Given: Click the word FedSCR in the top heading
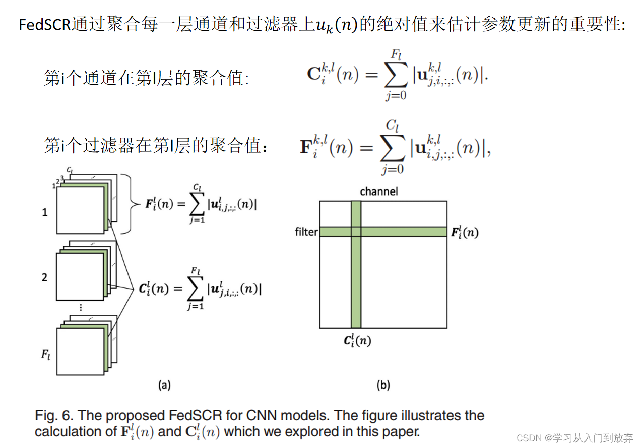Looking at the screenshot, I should point(45,25).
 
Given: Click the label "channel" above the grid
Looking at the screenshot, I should point(378,191).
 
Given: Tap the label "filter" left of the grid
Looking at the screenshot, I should point(306,232).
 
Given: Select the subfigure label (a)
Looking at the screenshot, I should point(164,386).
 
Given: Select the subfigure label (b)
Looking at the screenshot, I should point(383,386).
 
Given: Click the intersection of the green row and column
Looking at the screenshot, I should point(356,232).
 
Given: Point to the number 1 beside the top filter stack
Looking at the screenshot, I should point(45,212).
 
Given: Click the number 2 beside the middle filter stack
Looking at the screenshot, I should point(45,277).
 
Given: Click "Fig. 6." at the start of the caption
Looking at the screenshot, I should point(52,416).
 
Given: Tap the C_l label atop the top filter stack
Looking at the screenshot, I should point(70,170).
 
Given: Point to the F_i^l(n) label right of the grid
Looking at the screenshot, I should point(464,232).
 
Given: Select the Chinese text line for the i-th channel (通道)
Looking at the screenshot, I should point(146,78).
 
